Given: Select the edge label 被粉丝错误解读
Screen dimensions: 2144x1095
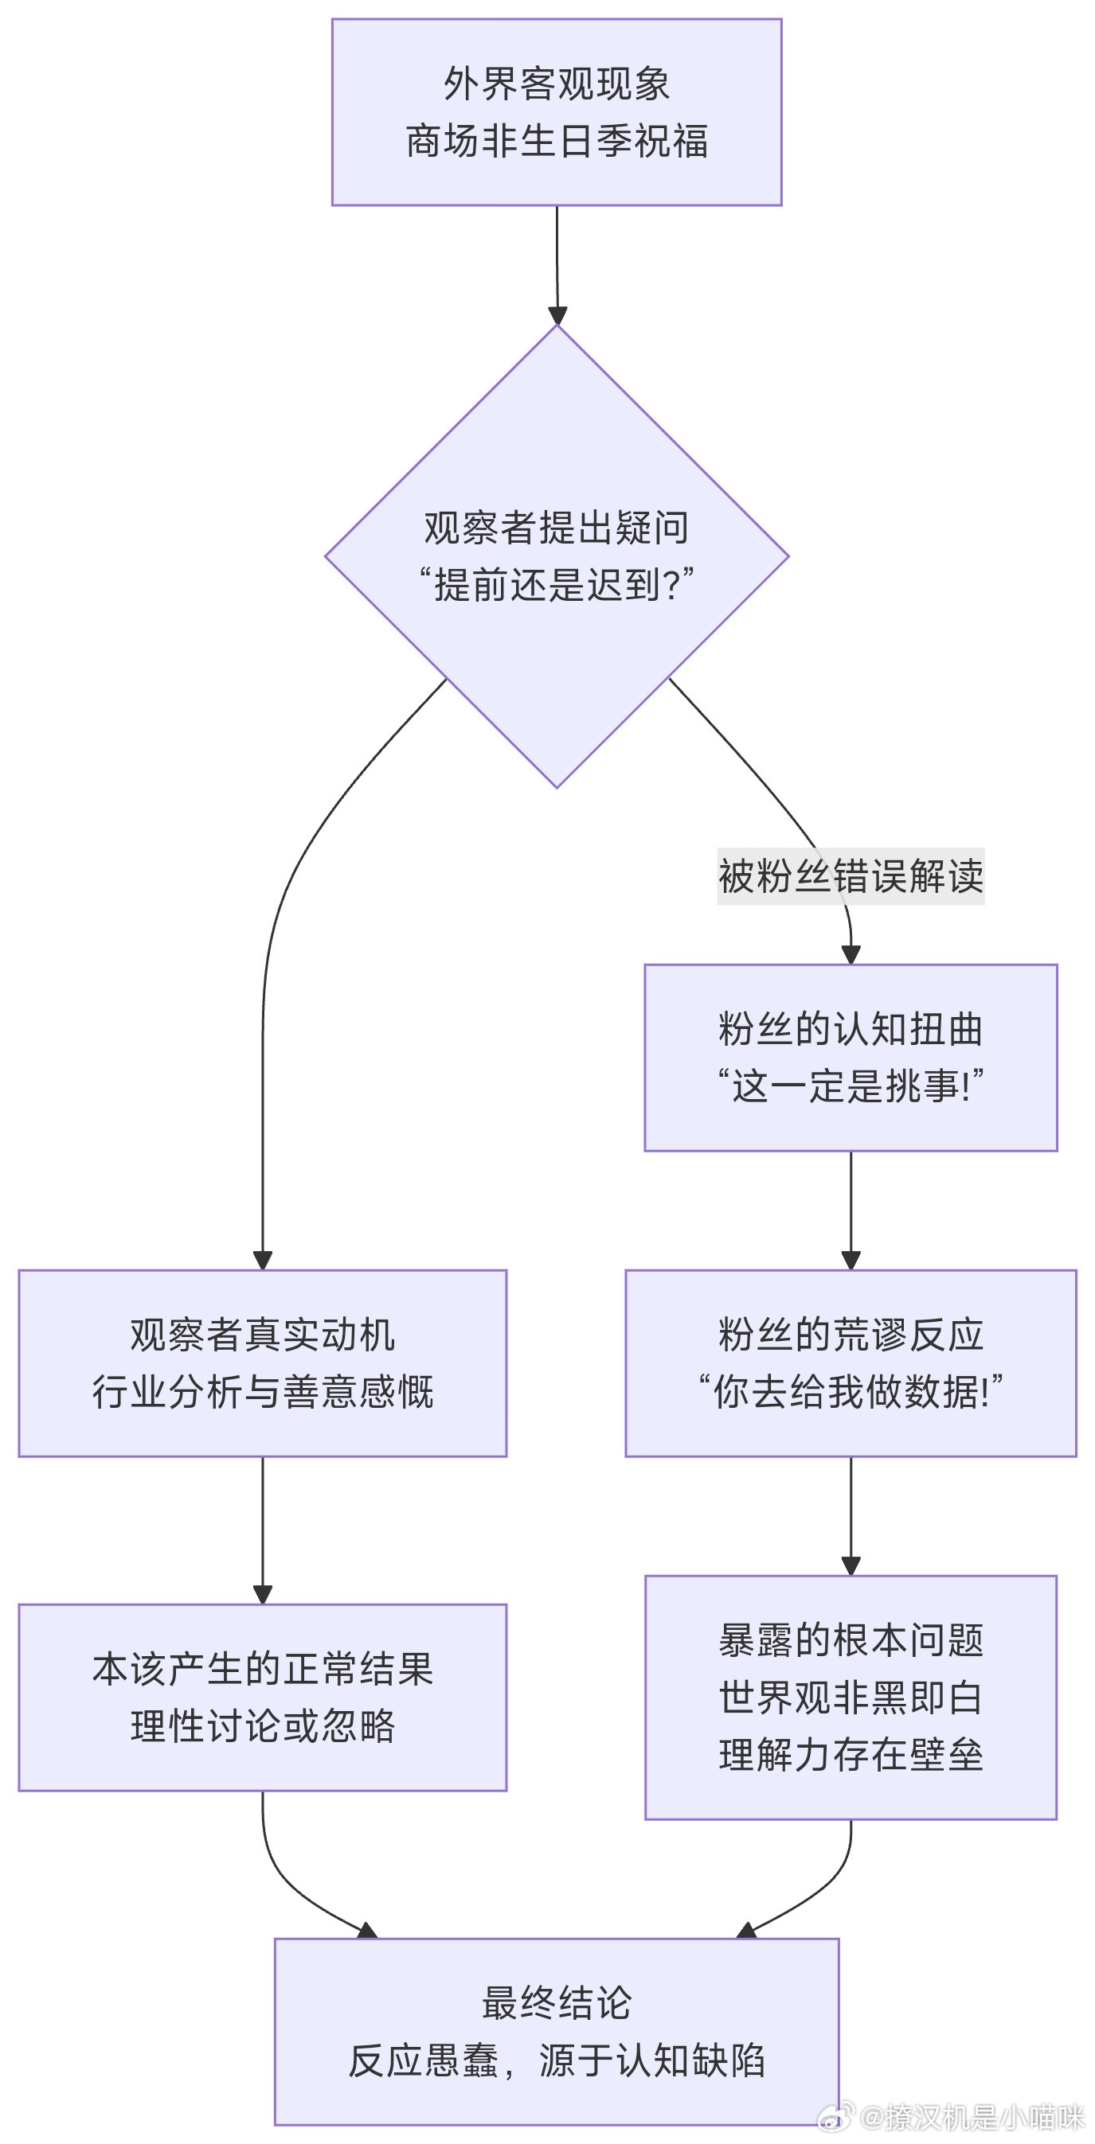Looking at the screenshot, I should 851,875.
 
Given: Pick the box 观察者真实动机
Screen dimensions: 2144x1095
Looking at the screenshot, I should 262,1334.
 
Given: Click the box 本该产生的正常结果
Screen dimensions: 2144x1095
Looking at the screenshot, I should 262,1669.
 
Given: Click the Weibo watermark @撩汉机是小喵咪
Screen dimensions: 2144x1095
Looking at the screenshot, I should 970,2116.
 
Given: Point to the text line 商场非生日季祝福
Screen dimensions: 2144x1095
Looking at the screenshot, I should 556,141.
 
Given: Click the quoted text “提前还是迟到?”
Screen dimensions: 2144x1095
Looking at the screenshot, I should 556,585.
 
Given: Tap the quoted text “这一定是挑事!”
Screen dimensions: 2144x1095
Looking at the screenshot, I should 851,1086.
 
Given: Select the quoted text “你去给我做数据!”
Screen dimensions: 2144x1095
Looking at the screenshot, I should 851,1392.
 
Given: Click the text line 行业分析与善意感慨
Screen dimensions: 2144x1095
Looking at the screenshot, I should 262,1392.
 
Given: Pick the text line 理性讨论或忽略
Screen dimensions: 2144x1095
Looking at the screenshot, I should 262,1726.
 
